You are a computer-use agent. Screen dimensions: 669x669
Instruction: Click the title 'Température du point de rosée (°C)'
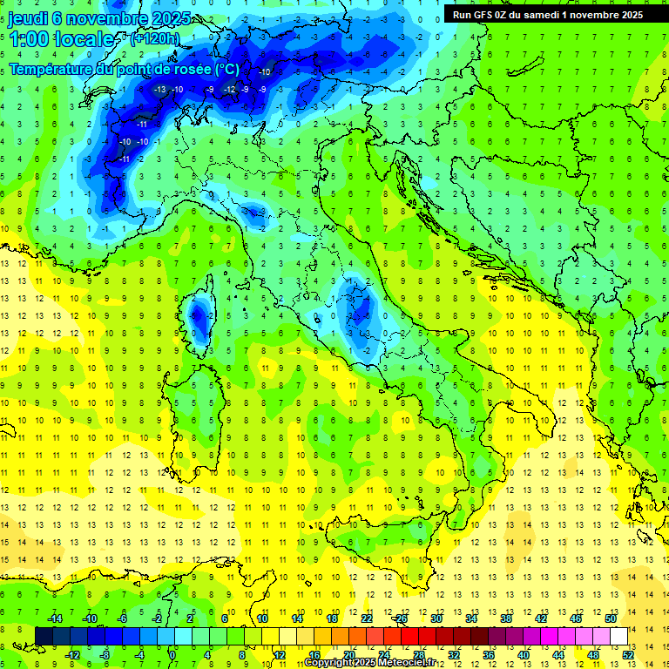coord(124,70)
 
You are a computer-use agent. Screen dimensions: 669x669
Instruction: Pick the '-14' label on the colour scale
coord(54,618)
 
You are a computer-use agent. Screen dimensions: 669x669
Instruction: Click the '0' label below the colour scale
coord(172,655)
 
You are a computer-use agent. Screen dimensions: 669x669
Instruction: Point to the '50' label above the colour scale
coord(611,618)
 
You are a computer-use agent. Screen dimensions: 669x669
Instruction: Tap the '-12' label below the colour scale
coord(72,655)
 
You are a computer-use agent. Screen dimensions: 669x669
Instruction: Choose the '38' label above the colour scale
coord(506,618)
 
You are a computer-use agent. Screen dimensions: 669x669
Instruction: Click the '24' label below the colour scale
coord(383,655)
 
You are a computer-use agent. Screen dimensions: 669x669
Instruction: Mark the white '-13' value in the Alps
coord(159,89)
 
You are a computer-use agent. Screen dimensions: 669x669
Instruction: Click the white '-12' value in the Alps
coord(229,89)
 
